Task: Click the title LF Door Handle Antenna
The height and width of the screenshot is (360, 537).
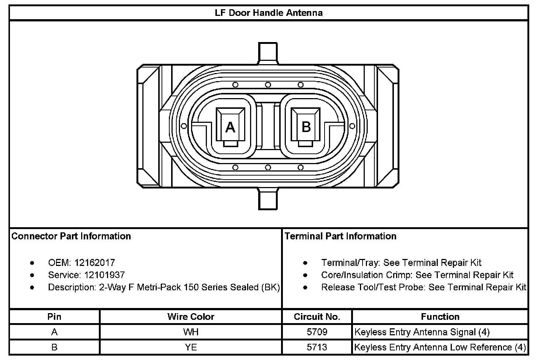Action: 268,13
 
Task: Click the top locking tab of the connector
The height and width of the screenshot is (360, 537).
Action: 268,52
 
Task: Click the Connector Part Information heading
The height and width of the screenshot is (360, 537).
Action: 71,236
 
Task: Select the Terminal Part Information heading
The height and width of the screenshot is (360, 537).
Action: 340,236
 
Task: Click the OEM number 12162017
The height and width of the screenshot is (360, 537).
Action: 95,263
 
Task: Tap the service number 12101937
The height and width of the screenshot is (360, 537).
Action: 104,275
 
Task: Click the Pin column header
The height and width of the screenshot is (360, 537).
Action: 55,316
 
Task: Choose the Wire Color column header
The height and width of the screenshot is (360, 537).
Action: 191,316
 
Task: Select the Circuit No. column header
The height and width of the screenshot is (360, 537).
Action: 317,316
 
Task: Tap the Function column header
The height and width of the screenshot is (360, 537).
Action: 440,316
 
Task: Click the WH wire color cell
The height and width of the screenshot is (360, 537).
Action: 191,332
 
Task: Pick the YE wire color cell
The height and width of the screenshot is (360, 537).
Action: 191,347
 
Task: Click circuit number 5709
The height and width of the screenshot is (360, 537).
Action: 317,332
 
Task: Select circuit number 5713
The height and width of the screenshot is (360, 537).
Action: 317,347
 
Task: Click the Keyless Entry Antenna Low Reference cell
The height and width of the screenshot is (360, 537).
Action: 440,347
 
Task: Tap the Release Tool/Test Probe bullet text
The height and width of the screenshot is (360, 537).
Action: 423,287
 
